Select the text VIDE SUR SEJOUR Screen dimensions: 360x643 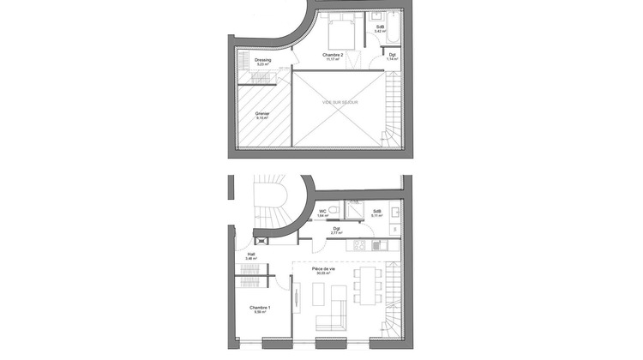pos(340,102)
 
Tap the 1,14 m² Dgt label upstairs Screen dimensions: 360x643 pos(392,57)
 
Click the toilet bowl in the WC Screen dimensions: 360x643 pos(332,207)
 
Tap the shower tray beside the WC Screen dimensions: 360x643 pos(353,211)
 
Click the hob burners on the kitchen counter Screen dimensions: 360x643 pos(360,244)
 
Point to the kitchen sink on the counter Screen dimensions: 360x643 pos(382,245)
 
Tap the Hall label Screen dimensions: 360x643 pos(252,255)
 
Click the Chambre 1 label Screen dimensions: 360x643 pos(260,309)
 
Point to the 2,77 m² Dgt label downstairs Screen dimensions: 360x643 pos(337,231)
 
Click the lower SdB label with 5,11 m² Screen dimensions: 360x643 pos(376,213)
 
